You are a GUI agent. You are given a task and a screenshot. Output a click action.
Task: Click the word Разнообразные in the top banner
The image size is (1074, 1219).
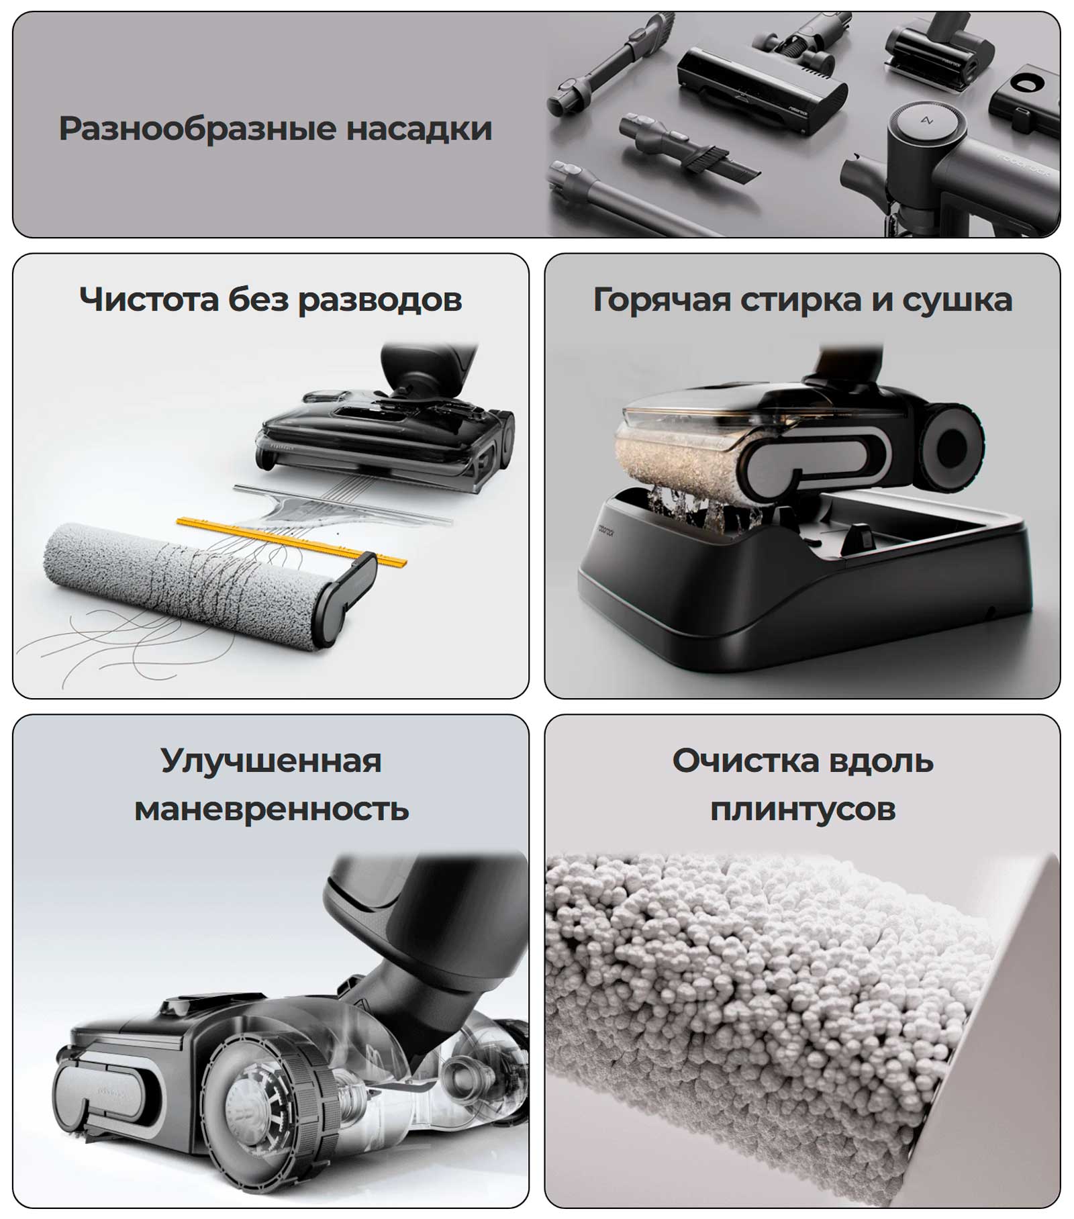(197, 129)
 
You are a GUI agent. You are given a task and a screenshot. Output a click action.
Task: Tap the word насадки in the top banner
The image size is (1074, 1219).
(419, 128)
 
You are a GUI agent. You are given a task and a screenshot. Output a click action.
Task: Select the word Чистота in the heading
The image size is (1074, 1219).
(149, 299)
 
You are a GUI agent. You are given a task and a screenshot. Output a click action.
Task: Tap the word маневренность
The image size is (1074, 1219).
(271, 809)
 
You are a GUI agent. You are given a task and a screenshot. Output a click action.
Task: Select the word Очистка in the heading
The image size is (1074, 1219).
(746, 761)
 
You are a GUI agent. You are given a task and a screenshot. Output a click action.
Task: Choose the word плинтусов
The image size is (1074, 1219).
(803, 810)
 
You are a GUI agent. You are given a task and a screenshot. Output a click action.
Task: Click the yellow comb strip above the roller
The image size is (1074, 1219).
(293, 541)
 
